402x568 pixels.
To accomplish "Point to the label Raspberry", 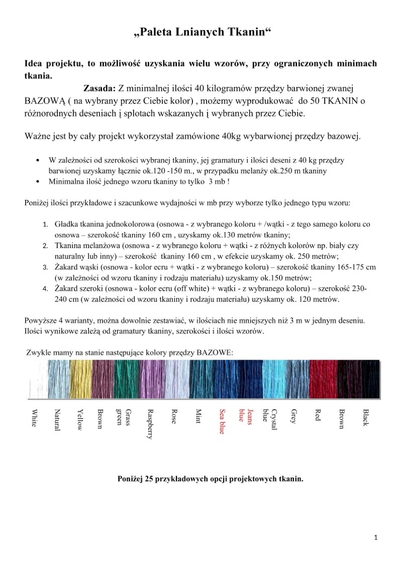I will point(149,424).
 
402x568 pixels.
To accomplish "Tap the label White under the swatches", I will point(34,418).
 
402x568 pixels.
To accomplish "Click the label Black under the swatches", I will point(366,417).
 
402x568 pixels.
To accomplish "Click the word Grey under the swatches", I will point(294,416).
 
